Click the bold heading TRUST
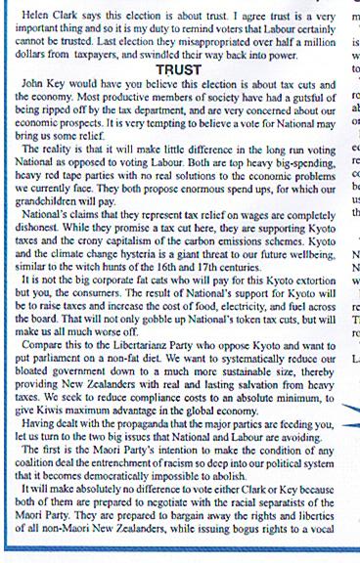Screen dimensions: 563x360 (x=179, y=70)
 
